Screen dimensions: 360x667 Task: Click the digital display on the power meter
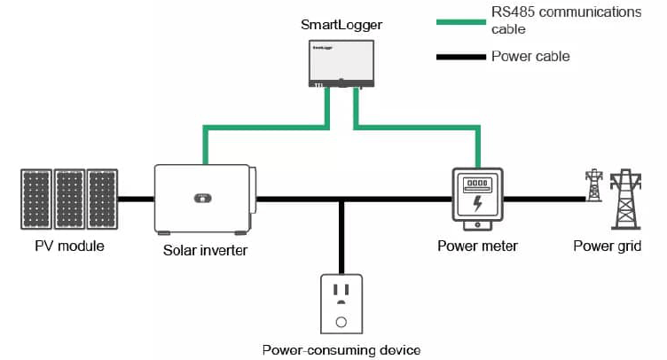[478, 185]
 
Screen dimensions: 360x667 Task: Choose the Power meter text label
[477, 246]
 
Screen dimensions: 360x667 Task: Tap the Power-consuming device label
[341, 349]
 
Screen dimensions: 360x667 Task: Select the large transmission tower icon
[627, 200]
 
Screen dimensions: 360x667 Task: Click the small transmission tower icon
[593, 186]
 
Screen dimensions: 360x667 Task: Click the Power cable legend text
[530, 57]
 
